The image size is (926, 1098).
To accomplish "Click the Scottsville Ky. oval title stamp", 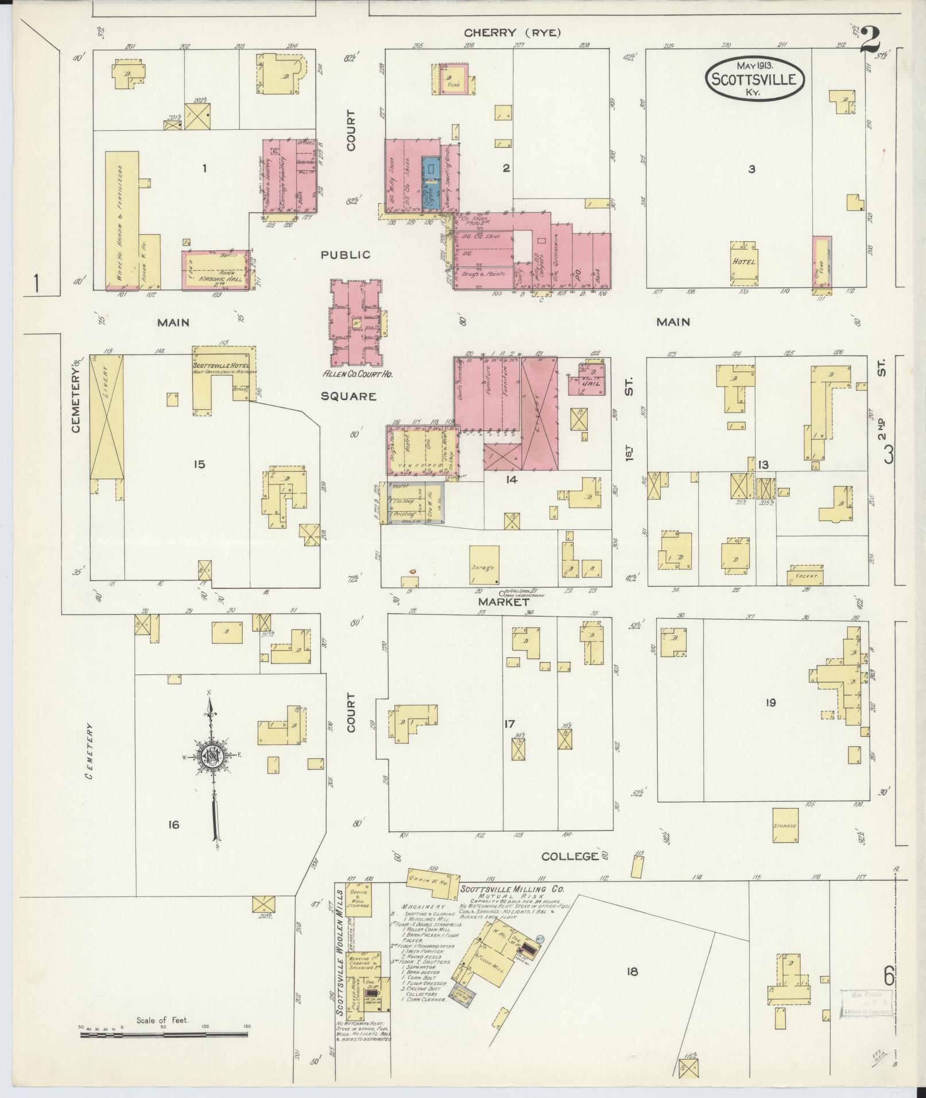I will click(754, 79).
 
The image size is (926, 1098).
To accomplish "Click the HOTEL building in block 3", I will click(743, 262).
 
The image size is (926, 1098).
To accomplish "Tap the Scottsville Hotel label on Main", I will click(223, 365).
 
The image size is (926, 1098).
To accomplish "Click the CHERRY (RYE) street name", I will click(512, 33).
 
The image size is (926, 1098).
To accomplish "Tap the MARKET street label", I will click(503, 602).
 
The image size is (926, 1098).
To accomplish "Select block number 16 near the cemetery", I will click(173, 825).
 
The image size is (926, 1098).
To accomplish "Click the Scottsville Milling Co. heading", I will click(512, 905).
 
